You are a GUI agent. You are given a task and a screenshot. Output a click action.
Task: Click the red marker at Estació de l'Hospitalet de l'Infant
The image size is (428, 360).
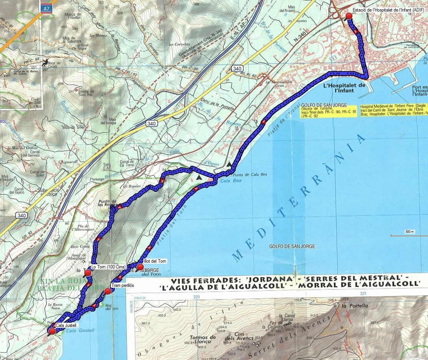click(349, 16)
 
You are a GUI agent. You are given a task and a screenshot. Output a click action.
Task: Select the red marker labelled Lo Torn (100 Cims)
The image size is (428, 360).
click(88, 273)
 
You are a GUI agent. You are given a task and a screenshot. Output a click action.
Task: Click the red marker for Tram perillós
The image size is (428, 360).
click(108, 291)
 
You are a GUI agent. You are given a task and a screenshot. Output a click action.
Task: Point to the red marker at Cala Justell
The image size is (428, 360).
click(52, 330)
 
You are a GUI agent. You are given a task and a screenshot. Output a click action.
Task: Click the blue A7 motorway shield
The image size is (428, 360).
click(46, 7)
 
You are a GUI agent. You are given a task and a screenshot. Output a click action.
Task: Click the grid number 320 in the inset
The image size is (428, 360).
click(197, 297)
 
